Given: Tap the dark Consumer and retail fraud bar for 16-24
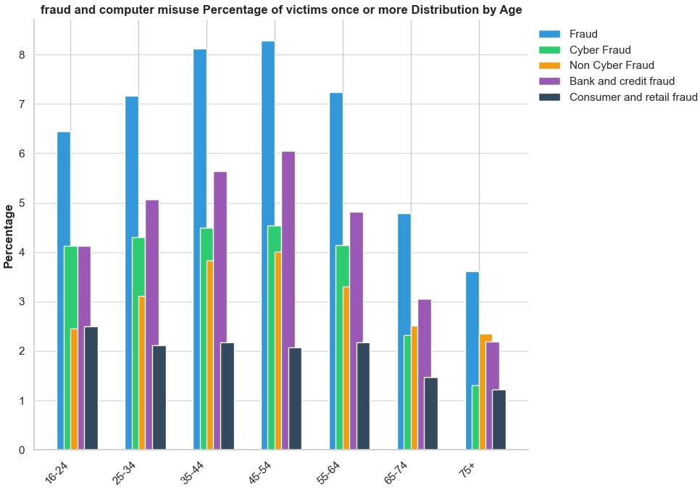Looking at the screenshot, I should tap(91, 388).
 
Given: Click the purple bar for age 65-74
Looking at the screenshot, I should tap(425, 374).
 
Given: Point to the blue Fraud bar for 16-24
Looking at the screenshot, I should tap(64, 290).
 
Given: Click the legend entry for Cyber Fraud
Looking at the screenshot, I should tap(599, 50).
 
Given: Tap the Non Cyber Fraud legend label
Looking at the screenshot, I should tap(611, 65).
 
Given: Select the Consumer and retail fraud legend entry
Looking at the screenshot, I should tap(633, 97).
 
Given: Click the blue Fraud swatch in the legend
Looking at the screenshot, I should tap(550, 34).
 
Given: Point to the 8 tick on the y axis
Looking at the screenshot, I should tap(22, 55).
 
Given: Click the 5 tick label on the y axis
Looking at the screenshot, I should tap(22, 203).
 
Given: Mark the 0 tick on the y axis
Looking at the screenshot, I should tap(22, 450).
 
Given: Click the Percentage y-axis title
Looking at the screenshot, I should tap(9, 236).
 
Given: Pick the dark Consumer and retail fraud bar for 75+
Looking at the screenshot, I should tap(499, 420).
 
